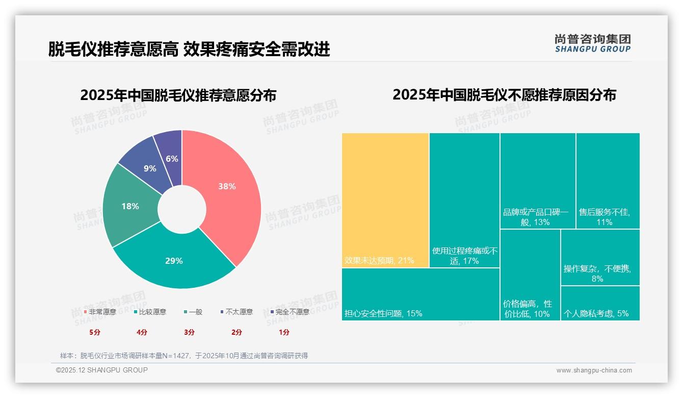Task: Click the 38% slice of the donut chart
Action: [227, 187]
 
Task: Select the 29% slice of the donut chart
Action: [174, 261]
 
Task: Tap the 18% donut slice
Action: [130, 206]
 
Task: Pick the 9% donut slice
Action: [149, 168]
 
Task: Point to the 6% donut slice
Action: [172, 159]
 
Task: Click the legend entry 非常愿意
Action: [100, 312]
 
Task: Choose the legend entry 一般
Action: [193, 312]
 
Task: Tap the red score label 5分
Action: [95, 332]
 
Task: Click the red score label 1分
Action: [284, 332]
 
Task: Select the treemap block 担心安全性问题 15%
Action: [421, 294]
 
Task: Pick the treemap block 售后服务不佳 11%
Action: [608, 181]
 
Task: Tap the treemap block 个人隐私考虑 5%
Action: [600, 303]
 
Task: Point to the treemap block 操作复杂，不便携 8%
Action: [600, 257]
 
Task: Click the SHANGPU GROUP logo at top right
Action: [592, 43]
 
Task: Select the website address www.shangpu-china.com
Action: [594, 370]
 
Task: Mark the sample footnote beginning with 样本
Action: [184, 356]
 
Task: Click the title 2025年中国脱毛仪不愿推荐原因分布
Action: [504, 95]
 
